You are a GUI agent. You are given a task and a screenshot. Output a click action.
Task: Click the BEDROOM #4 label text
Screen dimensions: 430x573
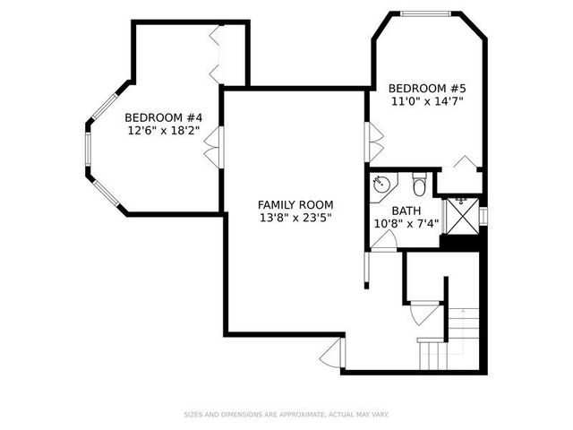coord(162,117)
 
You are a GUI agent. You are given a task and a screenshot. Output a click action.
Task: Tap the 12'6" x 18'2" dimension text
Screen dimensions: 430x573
coord(162,131)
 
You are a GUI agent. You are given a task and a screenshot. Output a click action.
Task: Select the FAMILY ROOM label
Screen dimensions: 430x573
coord(295,204)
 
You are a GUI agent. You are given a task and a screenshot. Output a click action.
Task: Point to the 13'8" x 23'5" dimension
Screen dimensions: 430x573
coord(295,218)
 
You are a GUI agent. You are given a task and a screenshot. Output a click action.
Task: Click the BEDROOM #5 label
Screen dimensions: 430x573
coord(427,89)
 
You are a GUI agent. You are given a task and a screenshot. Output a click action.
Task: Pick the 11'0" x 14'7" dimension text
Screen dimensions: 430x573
coord(427,102)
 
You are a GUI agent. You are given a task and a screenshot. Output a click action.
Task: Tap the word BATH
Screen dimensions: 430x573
coord(406,211)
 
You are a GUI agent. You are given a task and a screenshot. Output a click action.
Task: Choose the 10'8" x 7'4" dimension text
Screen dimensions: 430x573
coord(406,224)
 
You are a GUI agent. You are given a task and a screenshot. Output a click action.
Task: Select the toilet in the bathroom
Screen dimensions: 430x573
coord(418,186)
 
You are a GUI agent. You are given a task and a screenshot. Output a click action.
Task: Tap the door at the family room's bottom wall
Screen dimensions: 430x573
coord(332,354)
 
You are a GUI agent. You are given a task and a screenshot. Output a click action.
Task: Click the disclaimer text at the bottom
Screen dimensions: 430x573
coord(286,414)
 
